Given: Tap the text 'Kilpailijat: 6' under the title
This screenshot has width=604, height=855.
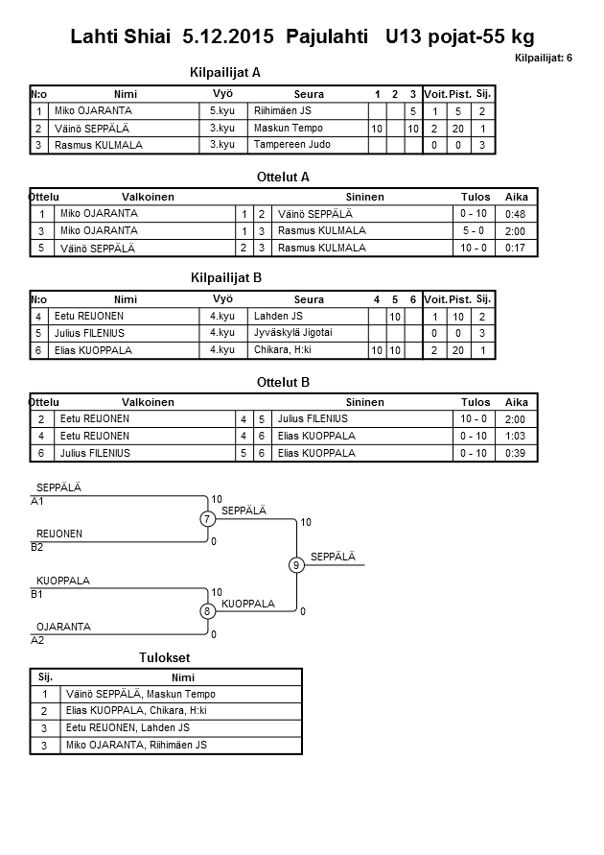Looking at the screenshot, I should [x=544, y=58].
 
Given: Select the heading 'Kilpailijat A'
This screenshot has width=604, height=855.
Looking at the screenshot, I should [x=226, y=72].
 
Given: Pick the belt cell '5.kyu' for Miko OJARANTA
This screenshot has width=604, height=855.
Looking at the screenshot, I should [x=222, y=110].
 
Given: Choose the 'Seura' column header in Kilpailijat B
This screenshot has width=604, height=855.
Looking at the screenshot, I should [x=309, y=299].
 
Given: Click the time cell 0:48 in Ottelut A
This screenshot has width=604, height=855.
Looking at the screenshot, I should [x=515, y=213].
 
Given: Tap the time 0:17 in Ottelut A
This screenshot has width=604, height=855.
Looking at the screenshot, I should [x=515, y=248].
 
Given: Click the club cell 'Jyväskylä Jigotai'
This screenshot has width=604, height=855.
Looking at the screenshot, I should [x=292, y=333].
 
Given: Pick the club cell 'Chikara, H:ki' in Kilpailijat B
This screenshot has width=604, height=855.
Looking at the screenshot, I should [x=283, y=350].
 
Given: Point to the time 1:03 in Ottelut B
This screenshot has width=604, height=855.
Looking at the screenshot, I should [x=515, y=436].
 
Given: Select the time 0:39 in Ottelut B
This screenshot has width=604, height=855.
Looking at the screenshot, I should [x=515, y=453].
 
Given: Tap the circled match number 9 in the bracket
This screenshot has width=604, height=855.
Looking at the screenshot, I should [x=296, y=565].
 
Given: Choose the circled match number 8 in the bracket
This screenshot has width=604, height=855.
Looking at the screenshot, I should [x=206, y=611].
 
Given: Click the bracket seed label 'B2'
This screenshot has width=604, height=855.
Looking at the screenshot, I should [x=37, y=548].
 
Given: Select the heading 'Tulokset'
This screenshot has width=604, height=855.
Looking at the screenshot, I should [x=165, y=658].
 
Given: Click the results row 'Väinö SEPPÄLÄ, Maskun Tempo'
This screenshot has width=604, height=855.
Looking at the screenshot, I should [x=141, y=694].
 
